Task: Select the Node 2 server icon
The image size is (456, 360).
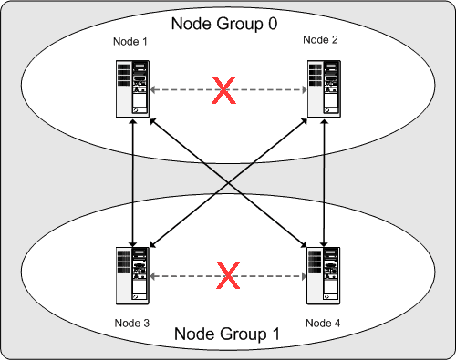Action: pyautogui.click(x=319, y=89)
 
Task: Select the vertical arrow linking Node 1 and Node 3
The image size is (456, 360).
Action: pyautogui.click(x=134, y=182)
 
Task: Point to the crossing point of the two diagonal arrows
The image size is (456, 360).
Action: pyautogui.click(x=226, y=182)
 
